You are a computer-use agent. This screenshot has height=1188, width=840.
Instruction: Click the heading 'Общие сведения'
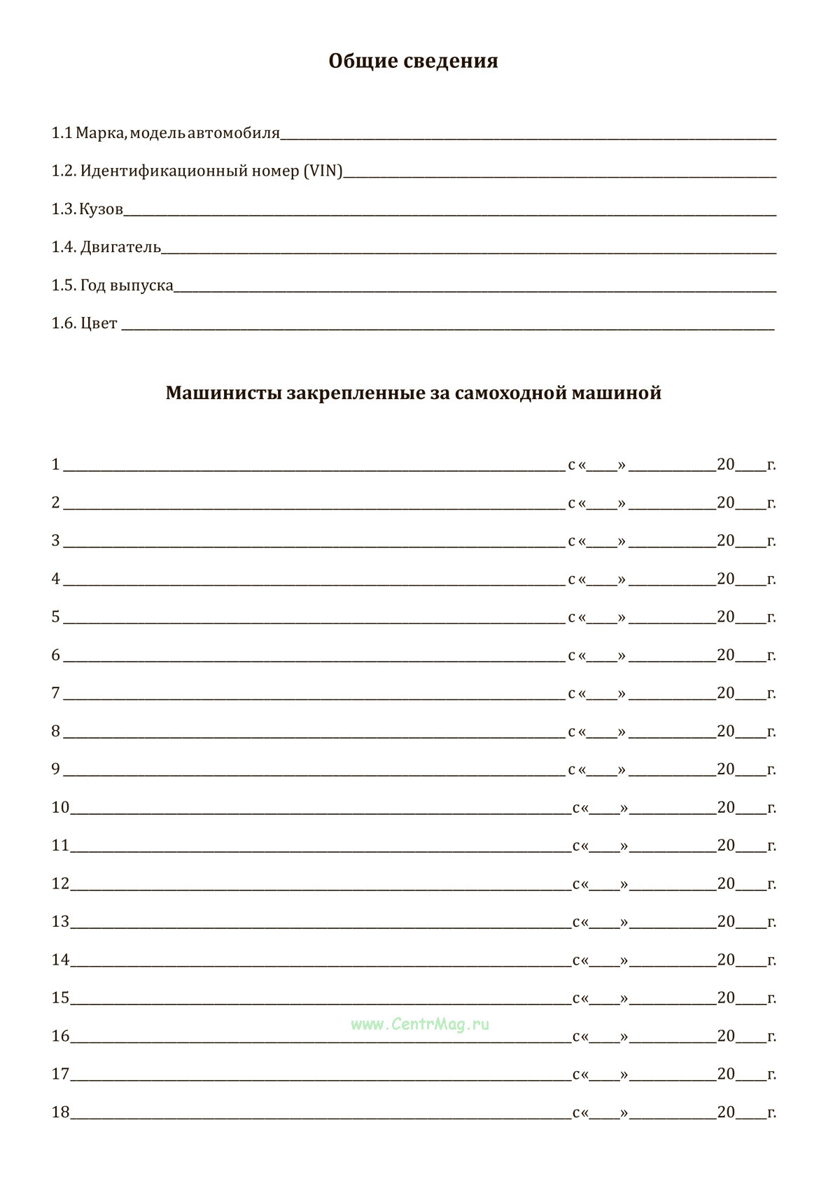[413, 62]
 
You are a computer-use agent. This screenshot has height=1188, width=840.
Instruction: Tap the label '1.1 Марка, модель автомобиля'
[166, 133]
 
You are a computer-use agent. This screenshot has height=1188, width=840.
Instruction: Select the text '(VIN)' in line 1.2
[323, 172]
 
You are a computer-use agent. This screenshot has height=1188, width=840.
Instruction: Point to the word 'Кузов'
[101, 209]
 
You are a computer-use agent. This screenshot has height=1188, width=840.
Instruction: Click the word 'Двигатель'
[120, 247]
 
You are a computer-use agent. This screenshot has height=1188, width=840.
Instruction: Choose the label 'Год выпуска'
[127, 286]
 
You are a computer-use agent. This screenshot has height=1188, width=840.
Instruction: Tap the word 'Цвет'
[99, 324]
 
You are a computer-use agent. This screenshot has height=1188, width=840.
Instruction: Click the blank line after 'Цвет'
[448, 326]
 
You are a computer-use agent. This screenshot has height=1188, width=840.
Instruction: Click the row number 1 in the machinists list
[56, 465]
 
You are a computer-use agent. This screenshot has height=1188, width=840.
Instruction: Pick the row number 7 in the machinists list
[56, 693]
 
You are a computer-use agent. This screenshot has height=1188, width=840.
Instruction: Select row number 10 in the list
[60, 808]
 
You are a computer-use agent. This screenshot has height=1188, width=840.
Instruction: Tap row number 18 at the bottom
[60, 1112]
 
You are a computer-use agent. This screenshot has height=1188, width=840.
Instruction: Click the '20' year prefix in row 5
[726, 617]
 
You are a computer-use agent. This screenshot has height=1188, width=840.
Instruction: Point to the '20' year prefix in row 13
[726, 921]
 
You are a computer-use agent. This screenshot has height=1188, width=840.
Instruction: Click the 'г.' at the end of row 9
[771, 770]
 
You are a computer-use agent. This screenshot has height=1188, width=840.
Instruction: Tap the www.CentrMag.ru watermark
[420, 1024]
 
